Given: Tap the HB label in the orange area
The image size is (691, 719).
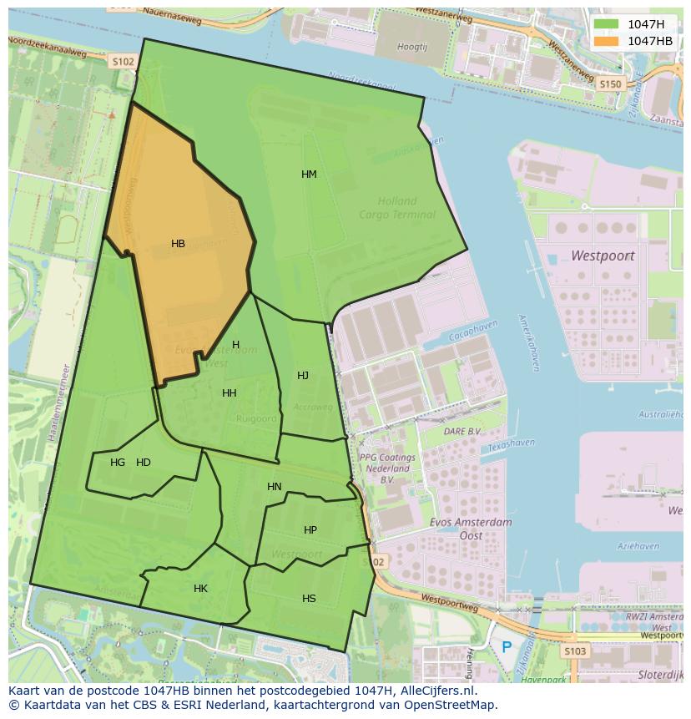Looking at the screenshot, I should pyautogui.click(x=178, y=244).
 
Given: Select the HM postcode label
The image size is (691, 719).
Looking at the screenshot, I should pyautogui.click(x=309, y=175).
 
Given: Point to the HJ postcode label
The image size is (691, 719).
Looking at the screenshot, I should pyautogui.click(x=303, y=376).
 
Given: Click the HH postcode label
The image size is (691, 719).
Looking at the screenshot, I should pyautogui.click(x=229, y=393).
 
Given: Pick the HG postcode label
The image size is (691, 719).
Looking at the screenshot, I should pyautogui.click(x=118, y=463).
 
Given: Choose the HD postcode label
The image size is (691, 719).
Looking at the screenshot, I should pyautogui.click(x=144, y=463).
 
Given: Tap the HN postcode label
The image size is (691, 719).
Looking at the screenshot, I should pyautogui.click(x=275, y=487).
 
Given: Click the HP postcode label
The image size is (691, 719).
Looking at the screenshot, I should pyautogui.click(x=310, y=530).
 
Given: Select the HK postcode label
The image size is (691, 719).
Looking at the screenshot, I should pyautogui.click(x=200, y=589).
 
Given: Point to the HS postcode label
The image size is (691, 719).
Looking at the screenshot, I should pyautogui.click(x=309, y=599).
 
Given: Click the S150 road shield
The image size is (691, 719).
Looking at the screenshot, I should pyautogui.click(x=611, y=84).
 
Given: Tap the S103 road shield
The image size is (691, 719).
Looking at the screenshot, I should pyautogui.click(x=574, y=651).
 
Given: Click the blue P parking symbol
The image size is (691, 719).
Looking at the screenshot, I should pyautogui.click(x=507, y=647).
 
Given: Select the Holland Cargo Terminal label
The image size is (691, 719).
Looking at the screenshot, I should pyautogui.click(x=397, y=208).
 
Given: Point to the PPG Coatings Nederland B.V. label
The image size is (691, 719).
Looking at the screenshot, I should pyautogui.click(x=387, y=468).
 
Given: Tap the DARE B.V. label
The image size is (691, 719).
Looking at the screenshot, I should pyautogui.click(x=462, y=431).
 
